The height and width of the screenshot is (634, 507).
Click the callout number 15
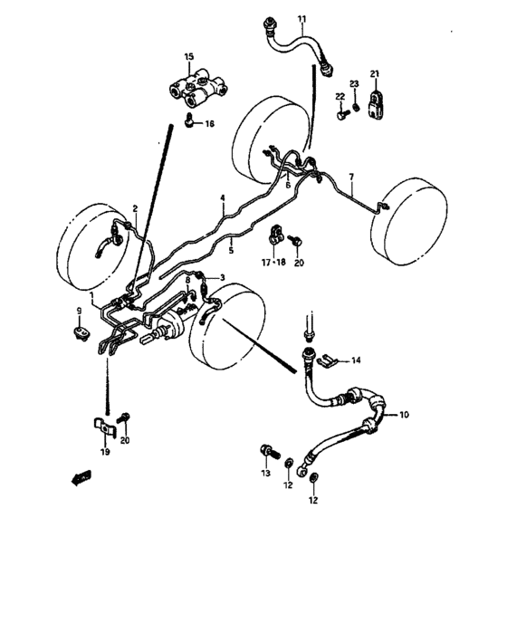[189, 57]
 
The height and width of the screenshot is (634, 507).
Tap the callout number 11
[301, 17]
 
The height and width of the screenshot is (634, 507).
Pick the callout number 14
[355, 360]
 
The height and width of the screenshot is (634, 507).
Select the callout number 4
[221, 197]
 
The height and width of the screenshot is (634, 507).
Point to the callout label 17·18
[273, 262]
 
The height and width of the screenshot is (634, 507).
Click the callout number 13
[266, 473]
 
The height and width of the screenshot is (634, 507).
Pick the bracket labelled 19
[103, 425]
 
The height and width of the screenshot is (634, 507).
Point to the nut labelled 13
[266, 451]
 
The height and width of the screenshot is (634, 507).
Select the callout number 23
[354, 84]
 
